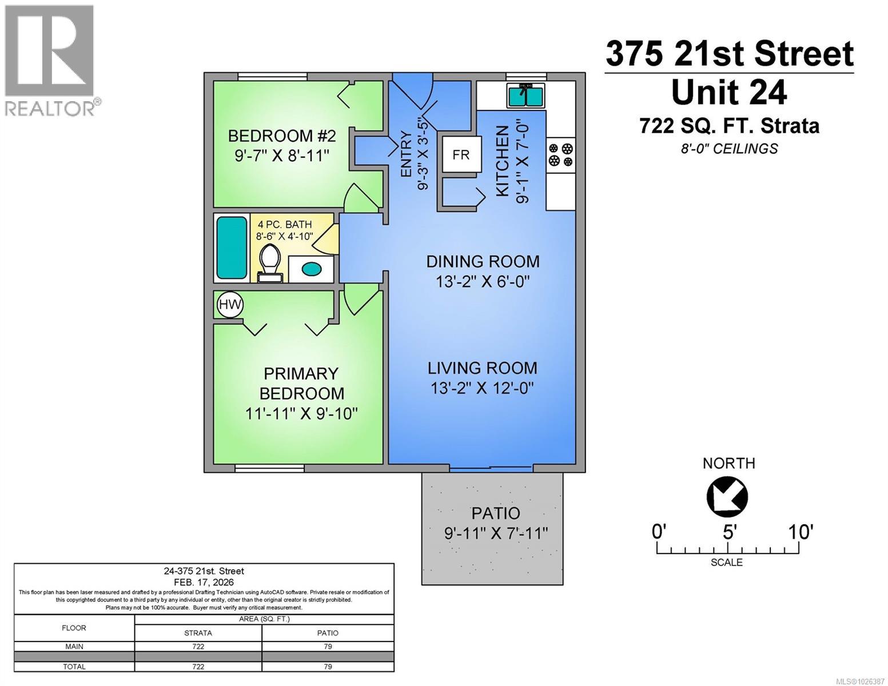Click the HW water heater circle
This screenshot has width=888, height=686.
click(230, 305)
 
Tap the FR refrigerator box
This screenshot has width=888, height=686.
click(461, 154)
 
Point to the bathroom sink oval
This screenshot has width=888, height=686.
click(312, 269)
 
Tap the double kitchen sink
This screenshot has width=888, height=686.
click(526, 95)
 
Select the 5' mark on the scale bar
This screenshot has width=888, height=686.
click(728, 532)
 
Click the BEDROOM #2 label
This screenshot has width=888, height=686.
click(282, 136)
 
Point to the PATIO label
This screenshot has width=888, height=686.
click(496, 513)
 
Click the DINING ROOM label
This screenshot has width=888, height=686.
click(483, 262)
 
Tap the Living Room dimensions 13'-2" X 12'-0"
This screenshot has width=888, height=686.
click(482, 388)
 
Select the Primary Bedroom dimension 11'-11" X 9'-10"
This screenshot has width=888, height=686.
click(301, 413)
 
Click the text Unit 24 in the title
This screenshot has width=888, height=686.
click(729, 93)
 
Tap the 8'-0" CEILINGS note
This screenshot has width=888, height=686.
click(729, 149)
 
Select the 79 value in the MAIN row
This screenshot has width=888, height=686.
click(328, 647)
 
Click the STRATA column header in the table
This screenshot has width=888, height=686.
click(198, 633)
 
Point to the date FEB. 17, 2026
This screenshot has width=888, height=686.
click(204, 581)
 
